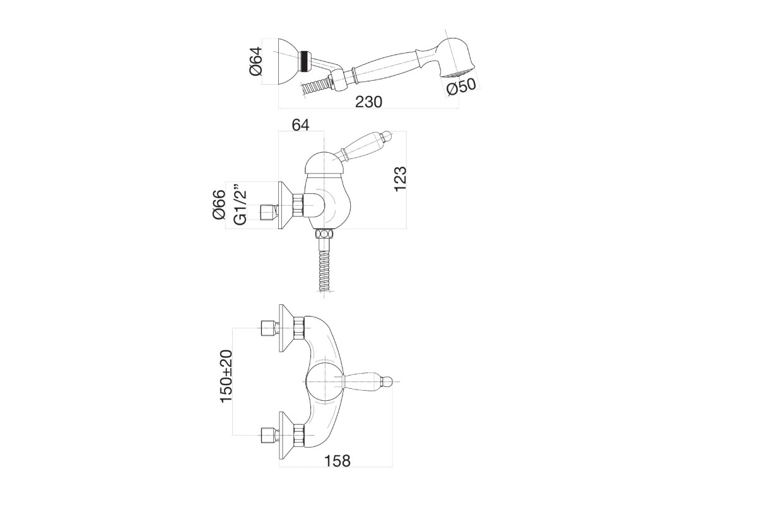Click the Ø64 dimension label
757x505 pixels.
click(256, 61)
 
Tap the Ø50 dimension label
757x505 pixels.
click(461, 86)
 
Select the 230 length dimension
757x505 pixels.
click(368, 102)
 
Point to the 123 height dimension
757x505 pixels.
click(401, 179)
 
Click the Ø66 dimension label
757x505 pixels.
click(219, 205)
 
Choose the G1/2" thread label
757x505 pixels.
click(240, 205)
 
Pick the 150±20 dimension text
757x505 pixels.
click(226, 376)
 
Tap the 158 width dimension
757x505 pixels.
click(337, 461)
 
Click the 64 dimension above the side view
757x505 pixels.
click(300, 125)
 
